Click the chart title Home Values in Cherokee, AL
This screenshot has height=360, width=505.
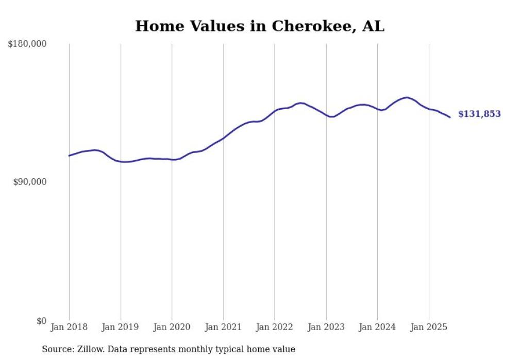pyautogui.click(x=260, y=26)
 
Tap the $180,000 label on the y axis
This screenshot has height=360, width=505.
pyautogui.click(x=27, y=44)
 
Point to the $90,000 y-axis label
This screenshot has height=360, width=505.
pyautogui.click(x=30, y=182)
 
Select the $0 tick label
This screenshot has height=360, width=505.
pyautogui.click(x=41, y=321)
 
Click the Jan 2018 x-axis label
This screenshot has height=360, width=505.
pyautogui.click(x=69, y=327)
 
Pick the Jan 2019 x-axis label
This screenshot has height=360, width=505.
pyautogui.click(x=121, y=327)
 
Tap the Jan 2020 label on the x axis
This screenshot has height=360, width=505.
pyautogui.click(x=172, y=327)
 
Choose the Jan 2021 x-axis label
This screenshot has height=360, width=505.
pyautogui.click(x=223, y=327)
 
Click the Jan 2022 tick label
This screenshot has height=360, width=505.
pyautogui.click(x=275, y=327)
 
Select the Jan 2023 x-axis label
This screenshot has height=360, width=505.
pyautogui.click(x=326, y=327)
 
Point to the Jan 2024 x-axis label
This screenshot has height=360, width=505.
pyautogui.click(x=377, y=327)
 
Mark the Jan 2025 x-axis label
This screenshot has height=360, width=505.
pyautogui.click(x=428, y=327)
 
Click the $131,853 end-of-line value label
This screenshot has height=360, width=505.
pyautogui.click(x=479, y=114)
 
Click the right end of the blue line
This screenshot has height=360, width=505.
pyautogui.click(x=450, y=117)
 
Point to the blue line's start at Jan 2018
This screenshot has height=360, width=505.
pyautogui.click(x=69, y=156)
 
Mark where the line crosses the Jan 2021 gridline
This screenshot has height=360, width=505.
pyautogui.click(x=223, y=138)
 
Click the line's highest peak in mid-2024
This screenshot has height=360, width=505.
pyautogui.click(x=407, y=97)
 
